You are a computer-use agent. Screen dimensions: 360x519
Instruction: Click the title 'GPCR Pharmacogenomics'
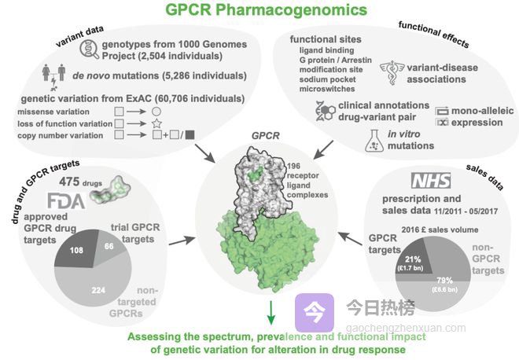pyautogui.click(x=259, y=11)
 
